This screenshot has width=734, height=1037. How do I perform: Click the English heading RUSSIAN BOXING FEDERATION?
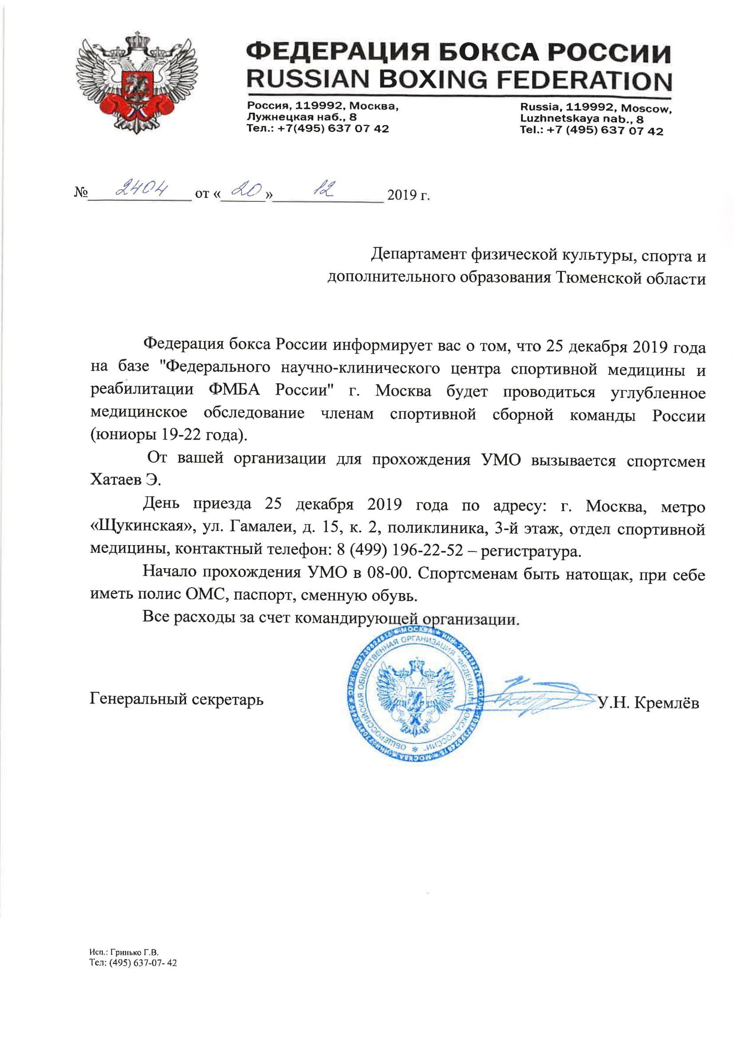(x=458, y=79)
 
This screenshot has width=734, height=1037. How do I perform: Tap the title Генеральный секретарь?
(x=176, y=699)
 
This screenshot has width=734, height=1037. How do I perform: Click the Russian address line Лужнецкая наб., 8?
(x=301, y=118)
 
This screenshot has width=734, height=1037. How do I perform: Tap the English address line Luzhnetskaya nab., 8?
(x=582, y=119)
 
